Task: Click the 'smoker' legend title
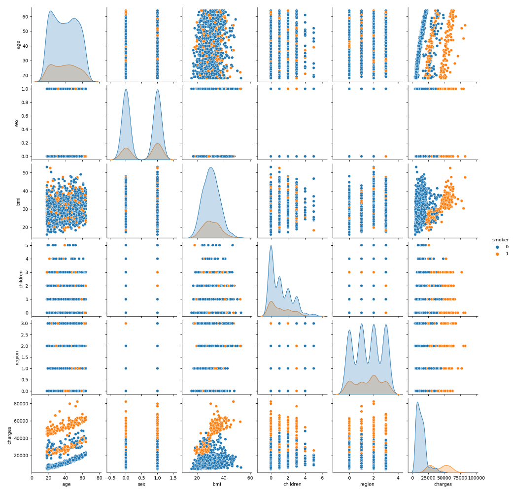coord(500,240)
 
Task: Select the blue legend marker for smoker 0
coord(497,247)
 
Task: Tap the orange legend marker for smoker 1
coord(497,254)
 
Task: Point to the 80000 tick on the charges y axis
coord(21,404)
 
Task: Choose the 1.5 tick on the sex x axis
coord(173,478)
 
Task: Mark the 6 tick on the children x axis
coord(322,478)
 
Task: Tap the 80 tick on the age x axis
coord(100,478)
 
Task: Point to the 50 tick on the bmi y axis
coord(25,172)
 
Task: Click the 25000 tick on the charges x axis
coord(428,478)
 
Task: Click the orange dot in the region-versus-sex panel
coord(126,323)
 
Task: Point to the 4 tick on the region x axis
coord(398,478)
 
